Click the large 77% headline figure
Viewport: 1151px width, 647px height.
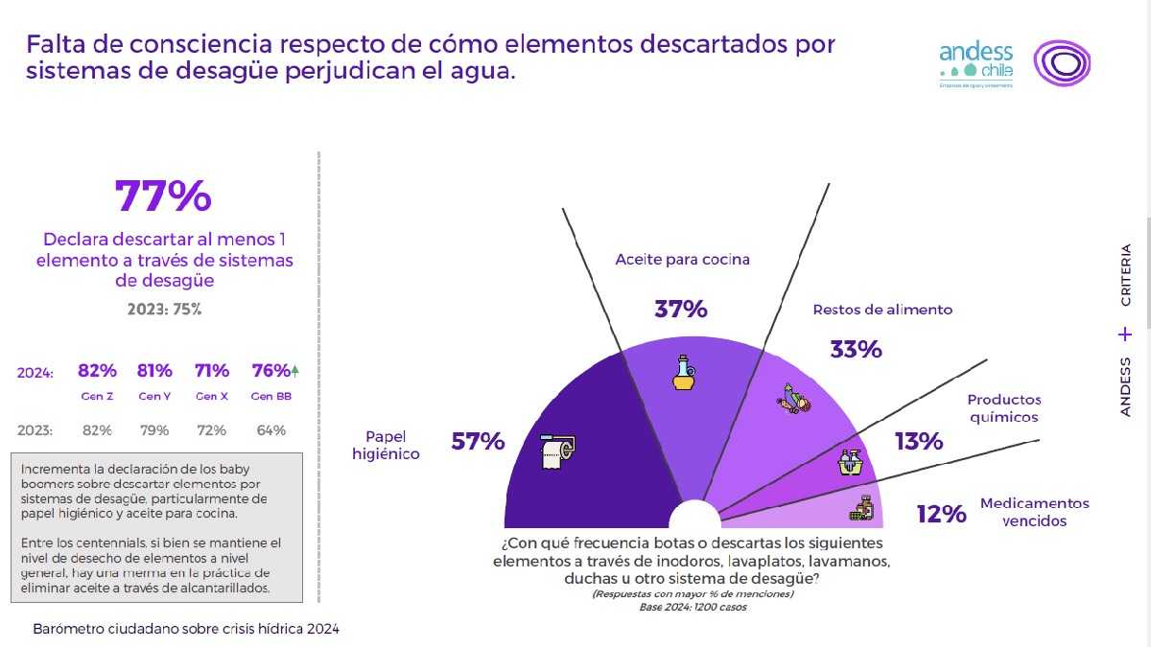(163, 196)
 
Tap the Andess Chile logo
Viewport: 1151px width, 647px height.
(975, 63)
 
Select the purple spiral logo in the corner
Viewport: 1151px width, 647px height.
(1061, 63)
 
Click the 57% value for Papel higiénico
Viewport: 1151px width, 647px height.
(478, 441)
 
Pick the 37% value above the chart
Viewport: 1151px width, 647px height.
(681, 309)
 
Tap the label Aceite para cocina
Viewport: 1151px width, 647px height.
(682, 259)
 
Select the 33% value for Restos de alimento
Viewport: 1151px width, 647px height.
(856, 349)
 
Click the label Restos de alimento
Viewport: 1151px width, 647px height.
(882, 310)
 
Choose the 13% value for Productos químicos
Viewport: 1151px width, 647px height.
(919, 441)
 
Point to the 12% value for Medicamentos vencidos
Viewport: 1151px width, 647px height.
(941, 514)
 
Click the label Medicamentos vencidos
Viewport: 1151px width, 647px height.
(1034, 512)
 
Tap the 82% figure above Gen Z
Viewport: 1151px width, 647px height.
(97, 371)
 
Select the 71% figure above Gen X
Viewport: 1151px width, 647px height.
(212, 371)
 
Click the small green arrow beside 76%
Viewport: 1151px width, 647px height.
(295, 370)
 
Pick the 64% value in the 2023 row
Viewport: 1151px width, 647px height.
(271, 430)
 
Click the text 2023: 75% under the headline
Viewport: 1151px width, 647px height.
(164, 310)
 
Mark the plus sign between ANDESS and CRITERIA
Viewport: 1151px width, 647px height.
(1125, 335)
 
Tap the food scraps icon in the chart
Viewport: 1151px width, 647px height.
(794, 398)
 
